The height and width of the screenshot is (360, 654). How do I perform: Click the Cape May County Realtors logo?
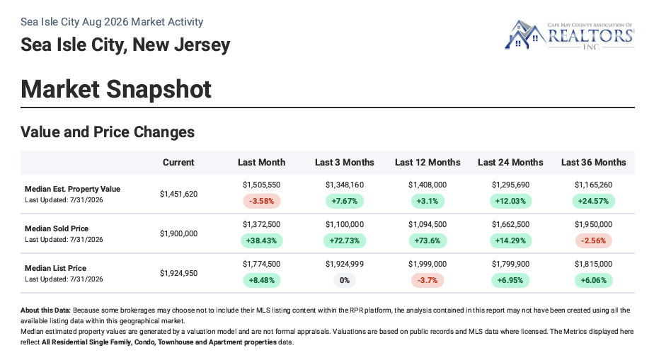coord(569,35)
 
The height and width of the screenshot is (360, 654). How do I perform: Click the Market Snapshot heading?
coord(116,89)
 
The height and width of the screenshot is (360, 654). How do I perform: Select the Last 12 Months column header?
coord(428,163)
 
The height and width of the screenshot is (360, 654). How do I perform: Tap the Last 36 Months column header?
coord(594,163)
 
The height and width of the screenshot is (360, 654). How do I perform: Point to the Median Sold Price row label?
coord(57,228)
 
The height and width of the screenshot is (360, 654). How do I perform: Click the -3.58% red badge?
coord(261,202)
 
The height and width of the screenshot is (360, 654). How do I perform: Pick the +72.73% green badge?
coord(345,241)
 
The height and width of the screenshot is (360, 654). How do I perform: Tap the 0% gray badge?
coord(345,280)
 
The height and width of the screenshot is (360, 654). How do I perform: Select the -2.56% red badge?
coord(594,241)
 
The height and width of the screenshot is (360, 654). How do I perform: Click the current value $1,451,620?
coord(178,194)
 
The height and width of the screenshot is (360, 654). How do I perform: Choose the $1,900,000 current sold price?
coord(178,233)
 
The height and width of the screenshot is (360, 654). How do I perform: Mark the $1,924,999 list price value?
coord(345,265)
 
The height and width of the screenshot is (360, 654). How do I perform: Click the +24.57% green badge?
coord(594,202)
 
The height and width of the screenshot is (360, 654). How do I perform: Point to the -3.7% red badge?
coord(428,280)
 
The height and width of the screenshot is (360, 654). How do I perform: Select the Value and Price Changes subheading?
coord(108,132)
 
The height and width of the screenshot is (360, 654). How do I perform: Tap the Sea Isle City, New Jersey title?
coord(125,45)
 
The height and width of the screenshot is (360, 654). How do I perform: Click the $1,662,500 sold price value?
coord(510,225)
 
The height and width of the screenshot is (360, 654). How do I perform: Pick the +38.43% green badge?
coord(261,241)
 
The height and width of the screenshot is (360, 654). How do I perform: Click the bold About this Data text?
coord(46,310)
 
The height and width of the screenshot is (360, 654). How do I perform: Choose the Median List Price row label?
coord(55,268)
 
